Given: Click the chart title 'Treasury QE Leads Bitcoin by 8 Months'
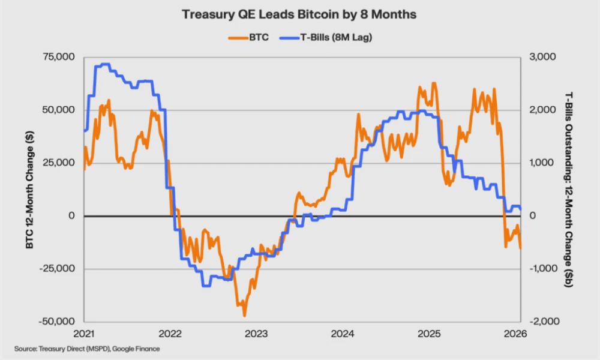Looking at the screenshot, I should (x=299, y=15).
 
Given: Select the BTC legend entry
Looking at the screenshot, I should (x=252, y=37).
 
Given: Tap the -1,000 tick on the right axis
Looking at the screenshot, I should (x=544, y=269).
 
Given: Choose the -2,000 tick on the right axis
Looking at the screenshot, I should (x=544, y=322).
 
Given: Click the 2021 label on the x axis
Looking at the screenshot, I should (x=84, y=334).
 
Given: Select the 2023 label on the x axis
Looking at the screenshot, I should (x=256, y=334).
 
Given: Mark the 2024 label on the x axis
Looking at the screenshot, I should (x=343, y=334).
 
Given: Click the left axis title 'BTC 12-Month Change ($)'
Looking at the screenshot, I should (x=28, y=189).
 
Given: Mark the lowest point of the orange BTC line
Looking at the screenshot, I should (x=244, y=316).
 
